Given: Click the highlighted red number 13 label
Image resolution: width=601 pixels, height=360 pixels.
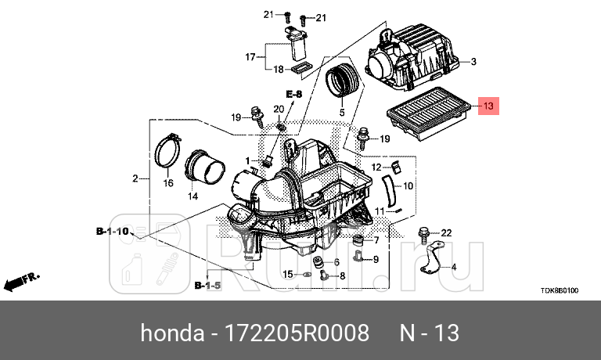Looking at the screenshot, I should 488,106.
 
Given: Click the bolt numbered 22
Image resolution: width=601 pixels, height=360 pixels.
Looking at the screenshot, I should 423,232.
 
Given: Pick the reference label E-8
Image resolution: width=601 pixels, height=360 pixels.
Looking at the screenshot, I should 293,94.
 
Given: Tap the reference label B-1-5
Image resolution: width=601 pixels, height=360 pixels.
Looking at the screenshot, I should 207,286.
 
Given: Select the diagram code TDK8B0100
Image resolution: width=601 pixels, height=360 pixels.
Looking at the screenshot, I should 559,290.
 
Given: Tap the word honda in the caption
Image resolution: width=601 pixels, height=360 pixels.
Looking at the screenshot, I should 171,334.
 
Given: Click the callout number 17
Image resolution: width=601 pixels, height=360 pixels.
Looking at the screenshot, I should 250,57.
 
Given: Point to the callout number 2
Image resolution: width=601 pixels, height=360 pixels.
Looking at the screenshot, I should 135,179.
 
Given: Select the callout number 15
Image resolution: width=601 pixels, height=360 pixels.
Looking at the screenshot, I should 287,274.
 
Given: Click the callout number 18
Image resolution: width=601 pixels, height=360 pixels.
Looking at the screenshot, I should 278,70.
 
